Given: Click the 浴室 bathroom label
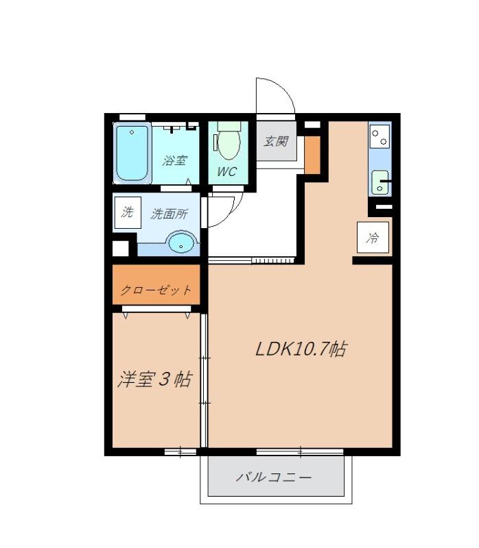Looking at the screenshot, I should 174,161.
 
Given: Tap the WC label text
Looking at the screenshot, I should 227,171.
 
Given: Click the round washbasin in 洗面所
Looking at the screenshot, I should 181,242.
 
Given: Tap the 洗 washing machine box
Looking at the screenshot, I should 127,212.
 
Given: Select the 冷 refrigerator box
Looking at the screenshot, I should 373,238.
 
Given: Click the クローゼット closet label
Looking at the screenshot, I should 156,290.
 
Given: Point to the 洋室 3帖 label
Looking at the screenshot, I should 154,379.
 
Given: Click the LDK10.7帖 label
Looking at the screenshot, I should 300,349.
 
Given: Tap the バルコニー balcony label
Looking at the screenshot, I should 274,477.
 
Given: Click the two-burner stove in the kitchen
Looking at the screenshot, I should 379,137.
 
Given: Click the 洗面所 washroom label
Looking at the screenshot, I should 169,214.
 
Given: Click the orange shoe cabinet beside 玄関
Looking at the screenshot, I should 312,155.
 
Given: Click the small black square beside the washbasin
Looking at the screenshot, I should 121,247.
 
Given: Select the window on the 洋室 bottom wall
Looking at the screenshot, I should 180,451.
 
